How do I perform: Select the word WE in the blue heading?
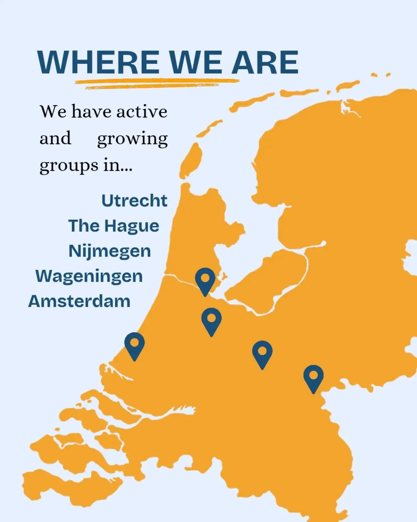(195, 62)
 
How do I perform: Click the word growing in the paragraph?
(132, 139)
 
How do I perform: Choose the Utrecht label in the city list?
(134, 201)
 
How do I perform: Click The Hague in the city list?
(114, 226)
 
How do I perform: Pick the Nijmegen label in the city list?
(110, 251)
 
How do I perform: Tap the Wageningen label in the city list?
(89, 276)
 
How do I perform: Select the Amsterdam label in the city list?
(79, 301)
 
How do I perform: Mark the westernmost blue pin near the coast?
(134, 344)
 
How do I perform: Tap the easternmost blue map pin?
(313, 376)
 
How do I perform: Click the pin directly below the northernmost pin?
(211, 319)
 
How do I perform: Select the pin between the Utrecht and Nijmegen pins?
(262, 352)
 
